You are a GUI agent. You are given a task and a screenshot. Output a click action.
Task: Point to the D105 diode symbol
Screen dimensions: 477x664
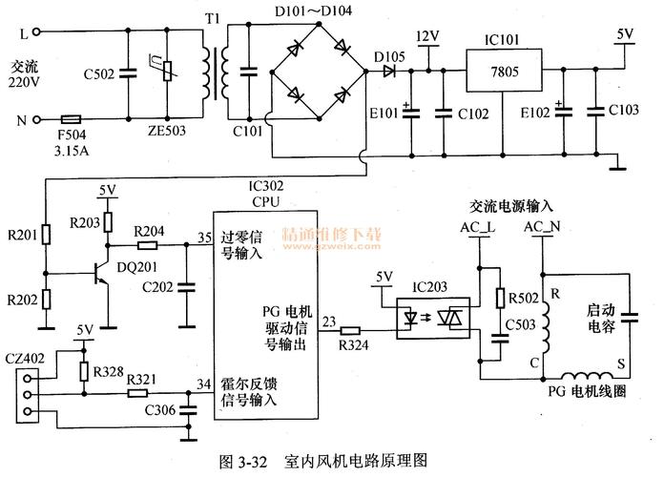tap(388, 69)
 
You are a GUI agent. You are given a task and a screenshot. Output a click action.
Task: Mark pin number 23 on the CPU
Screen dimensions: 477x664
tap(329, 321)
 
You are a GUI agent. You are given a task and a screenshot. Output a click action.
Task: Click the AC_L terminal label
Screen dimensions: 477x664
tap(477, 228)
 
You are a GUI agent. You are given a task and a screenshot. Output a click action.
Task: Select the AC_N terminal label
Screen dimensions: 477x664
tap(542, 228)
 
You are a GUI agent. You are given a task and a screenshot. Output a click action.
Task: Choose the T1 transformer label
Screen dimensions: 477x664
tap(212, 19)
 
